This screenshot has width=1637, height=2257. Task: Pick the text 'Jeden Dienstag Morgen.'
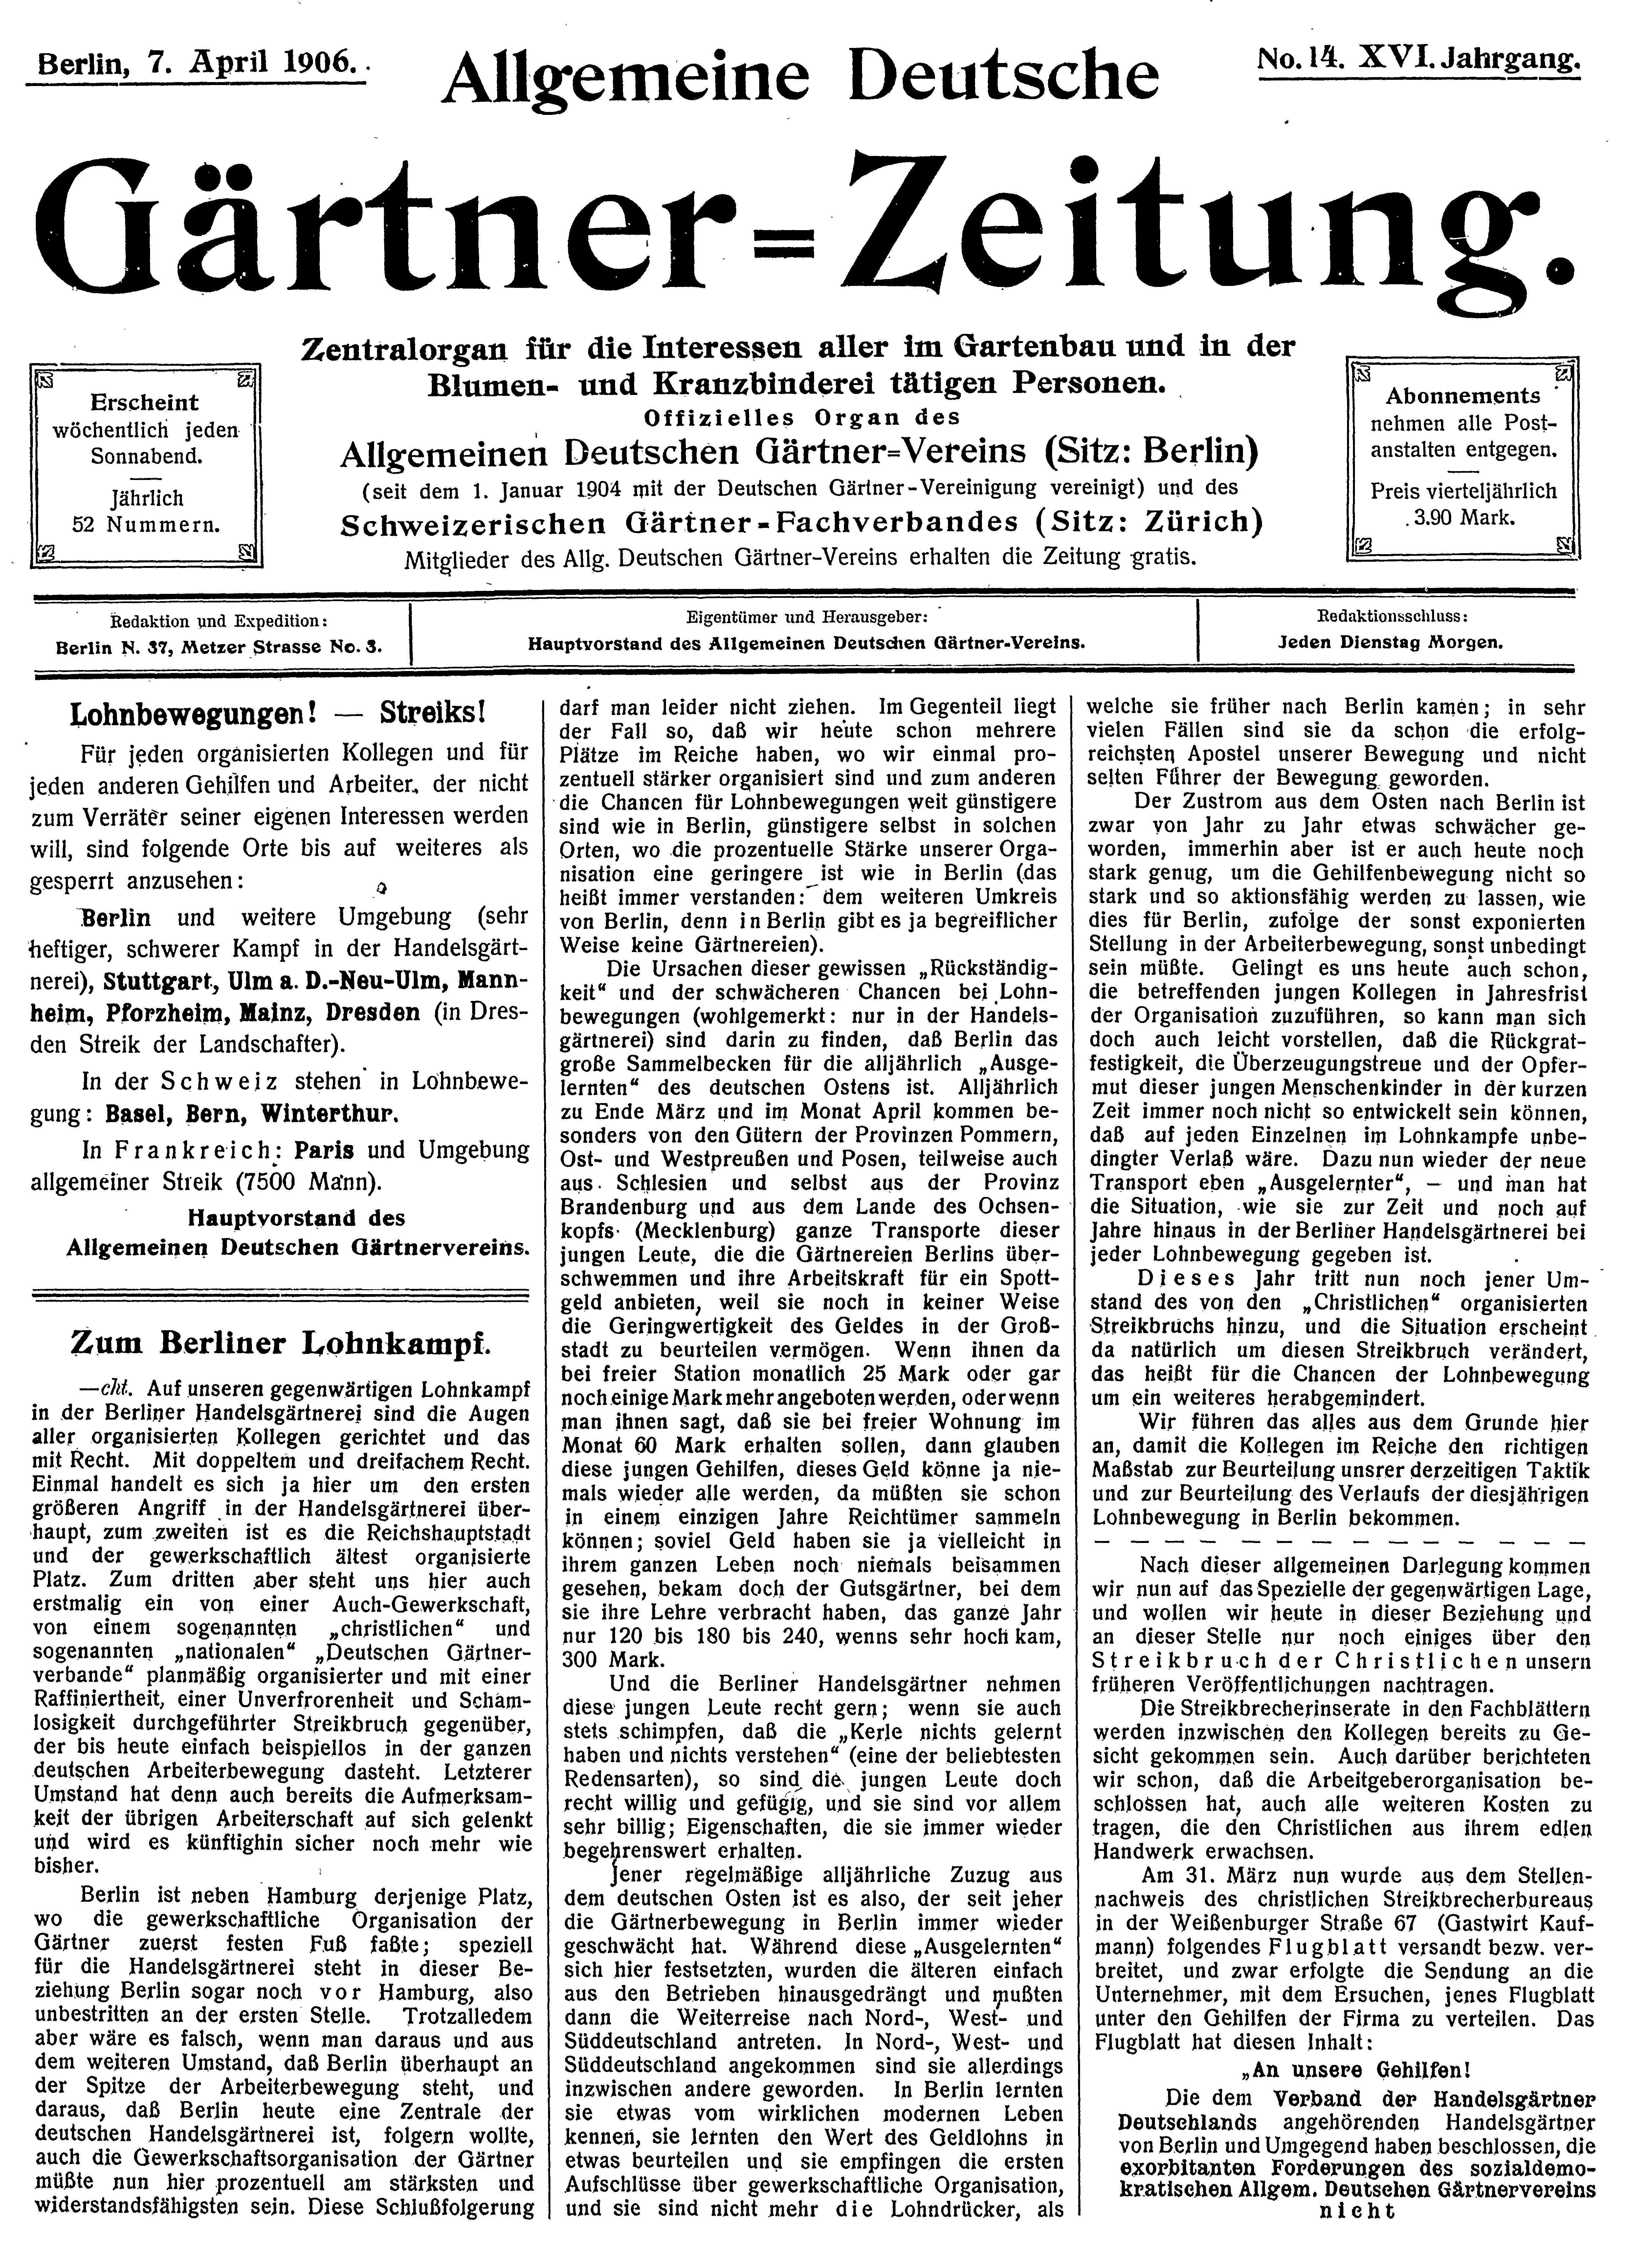(1390, 643)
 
